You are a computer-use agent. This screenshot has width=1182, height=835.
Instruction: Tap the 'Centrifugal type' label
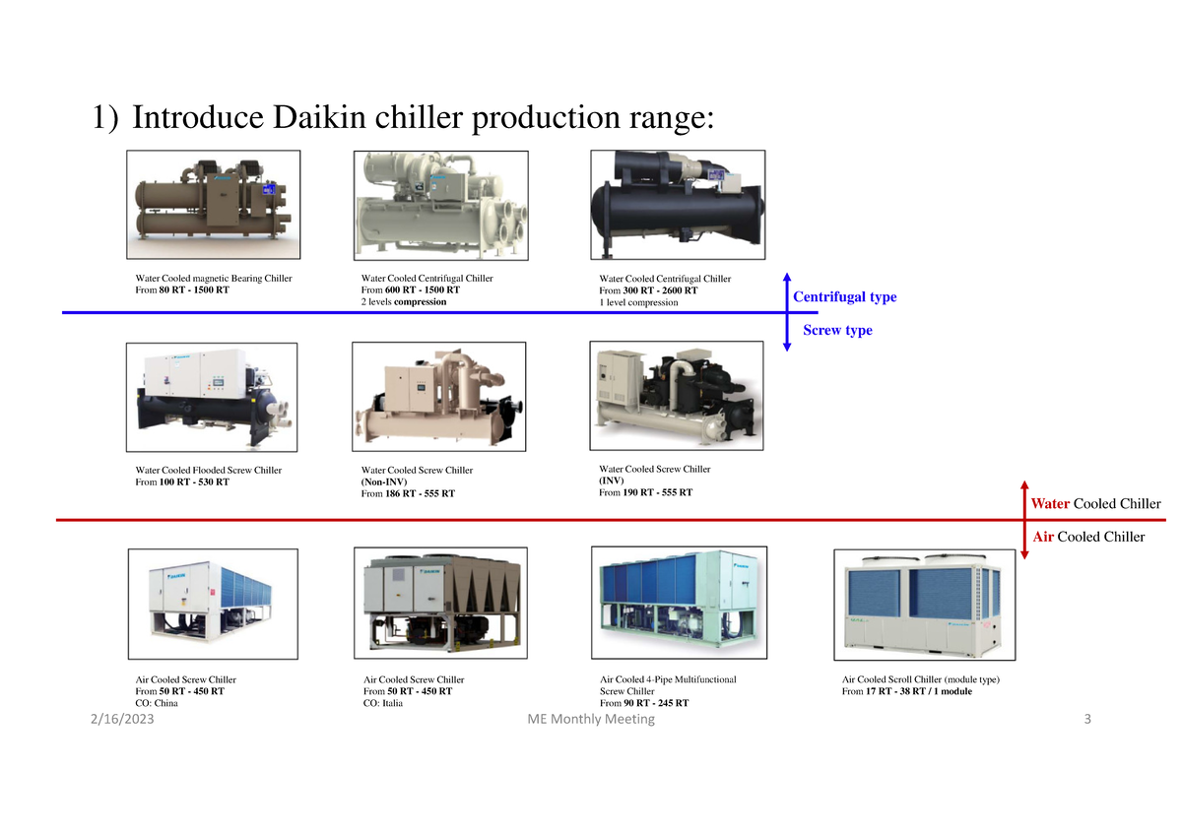tap(844, 296)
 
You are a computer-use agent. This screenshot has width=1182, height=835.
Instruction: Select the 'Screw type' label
tap(837, 330)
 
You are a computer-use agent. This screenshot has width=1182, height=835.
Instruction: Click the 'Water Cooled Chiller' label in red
tap(1095, 504)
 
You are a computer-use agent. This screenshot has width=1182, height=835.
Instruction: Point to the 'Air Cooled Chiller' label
tap(1088, 537)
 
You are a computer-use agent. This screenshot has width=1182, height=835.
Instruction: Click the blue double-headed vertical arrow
tap(787, 311)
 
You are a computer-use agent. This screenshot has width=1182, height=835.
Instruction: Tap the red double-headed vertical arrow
tap(1024, 520)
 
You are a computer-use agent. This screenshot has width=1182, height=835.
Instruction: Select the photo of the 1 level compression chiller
tap(677, 204)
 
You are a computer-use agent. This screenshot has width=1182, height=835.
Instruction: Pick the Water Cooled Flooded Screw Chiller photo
tap(212, 397)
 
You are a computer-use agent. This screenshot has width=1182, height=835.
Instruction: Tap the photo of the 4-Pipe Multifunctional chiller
tap(677, 603)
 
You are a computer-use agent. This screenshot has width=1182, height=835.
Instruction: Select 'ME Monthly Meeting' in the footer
tap(591, 720)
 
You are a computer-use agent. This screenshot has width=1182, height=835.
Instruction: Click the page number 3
tap(1087, 720)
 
